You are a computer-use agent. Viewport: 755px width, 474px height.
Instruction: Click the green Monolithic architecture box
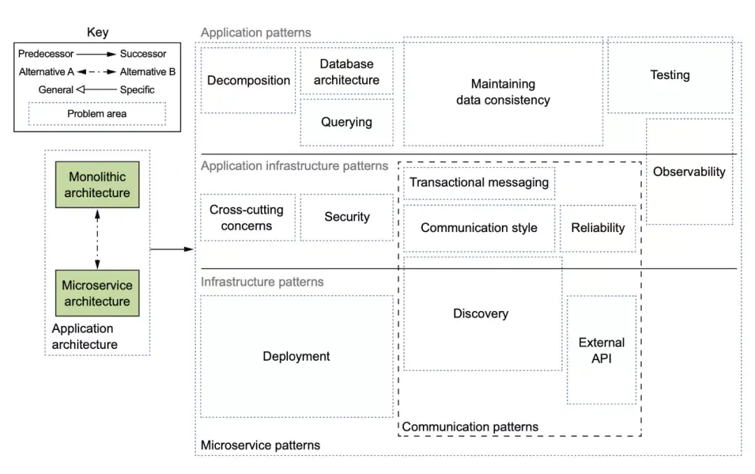click(97, 185)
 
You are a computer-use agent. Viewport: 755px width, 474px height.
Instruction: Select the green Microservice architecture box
click(97, 293)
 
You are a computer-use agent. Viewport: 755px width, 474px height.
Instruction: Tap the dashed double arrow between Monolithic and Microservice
click(97, 239)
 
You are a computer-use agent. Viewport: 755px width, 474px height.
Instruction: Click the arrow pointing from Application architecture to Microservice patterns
click(172, 249)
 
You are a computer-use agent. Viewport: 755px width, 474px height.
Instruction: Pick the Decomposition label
click(248, 80)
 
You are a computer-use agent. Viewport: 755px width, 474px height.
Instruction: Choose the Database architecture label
click(347, 72)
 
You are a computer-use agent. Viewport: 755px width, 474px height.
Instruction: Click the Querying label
click(347, 122)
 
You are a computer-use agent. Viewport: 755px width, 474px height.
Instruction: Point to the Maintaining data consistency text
click(503, 92)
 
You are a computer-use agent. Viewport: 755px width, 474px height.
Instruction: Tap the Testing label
click(670, 75)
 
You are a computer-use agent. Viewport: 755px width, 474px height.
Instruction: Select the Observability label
click(689, 171)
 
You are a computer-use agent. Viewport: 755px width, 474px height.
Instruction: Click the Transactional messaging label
click(479, 182)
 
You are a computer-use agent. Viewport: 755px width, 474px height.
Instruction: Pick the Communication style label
click(479, 227)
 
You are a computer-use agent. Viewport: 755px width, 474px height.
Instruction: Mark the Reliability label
click(598, 227)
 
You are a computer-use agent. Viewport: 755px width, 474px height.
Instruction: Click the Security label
click(347, 217)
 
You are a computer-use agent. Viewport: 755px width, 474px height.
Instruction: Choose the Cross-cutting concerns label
click(247, 217)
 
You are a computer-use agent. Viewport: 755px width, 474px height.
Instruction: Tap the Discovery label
click(480, 314)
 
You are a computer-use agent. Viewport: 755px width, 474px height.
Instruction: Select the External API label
click(601, 350)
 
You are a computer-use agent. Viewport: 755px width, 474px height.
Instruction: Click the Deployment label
click(296, 357)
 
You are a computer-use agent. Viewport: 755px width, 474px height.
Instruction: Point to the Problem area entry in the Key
click(96, 114)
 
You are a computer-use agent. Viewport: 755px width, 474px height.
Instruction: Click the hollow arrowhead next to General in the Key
click(80, 89)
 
